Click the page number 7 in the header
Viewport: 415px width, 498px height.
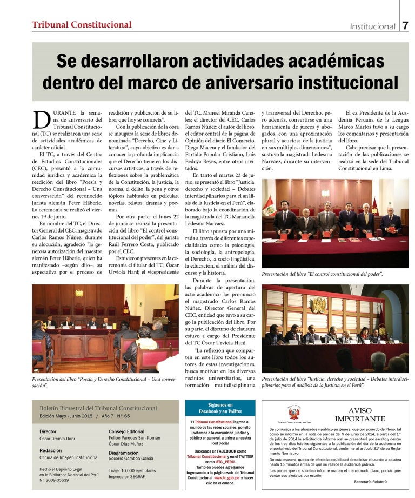tap(405, 25)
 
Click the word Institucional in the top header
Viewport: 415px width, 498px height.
tap(372, 26)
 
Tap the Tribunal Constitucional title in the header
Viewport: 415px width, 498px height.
tap(82, 24)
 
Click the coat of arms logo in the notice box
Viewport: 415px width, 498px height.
tap(293, 414)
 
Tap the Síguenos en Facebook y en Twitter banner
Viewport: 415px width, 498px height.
tap(220, 408)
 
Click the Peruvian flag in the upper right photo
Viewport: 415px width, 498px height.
tap(268, 204)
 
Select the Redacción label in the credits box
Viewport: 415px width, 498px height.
tap(51, 450)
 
